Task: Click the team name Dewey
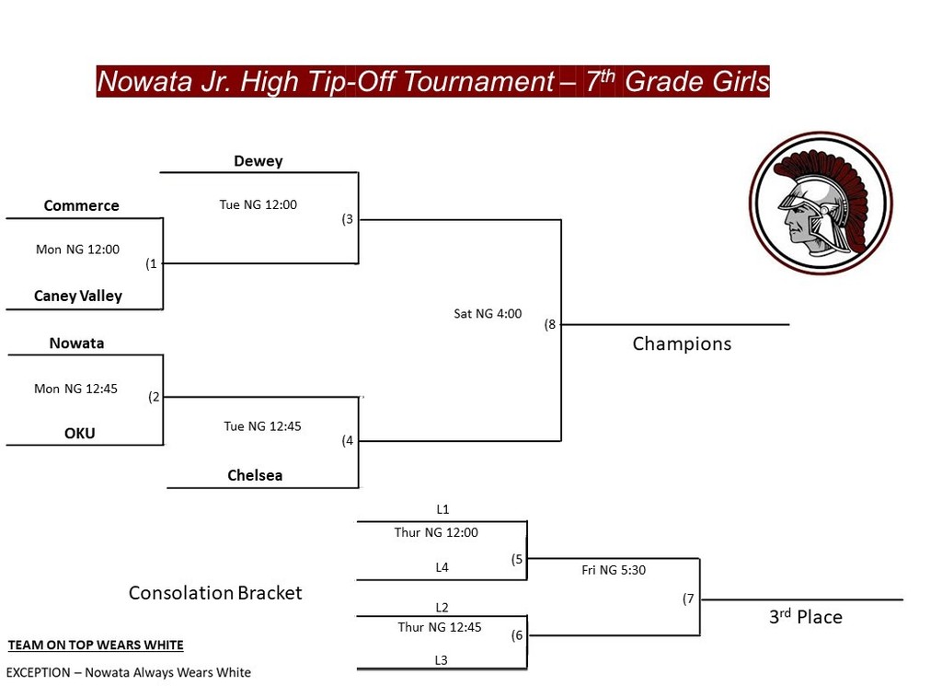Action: (x=258, y=161)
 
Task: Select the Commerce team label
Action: (x=81, y=205)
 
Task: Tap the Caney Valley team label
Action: (x=78, y=296)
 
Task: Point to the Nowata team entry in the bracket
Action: (x=76, y=343)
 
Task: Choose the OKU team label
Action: (x=79, y=433)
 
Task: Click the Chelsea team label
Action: (x=255, y=475)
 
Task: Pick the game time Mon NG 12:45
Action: (x=75, y=389)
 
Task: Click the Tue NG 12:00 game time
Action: (x=258, y=204)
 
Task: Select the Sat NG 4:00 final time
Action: (x=488, y=313)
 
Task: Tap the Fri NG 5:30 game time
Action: (x=614, y=570)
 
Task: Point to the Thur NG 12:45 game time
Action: (x=439, y=627)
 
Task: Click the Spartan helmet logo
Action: (x=821, y=203)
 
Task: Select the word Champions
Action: (x=682, y=343)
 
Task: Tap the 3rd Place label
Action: (x=806, y=617)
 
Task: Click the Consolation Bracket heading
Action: (x=215, y=593)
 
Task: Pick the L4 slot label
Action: (x=442, y=567)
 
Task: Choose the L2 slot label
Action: (x=442, y=607)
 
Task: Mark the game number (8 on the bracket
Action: (x=550, y=325)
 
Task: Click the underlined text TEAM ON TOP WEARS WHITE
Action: (x=96, y=645)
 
